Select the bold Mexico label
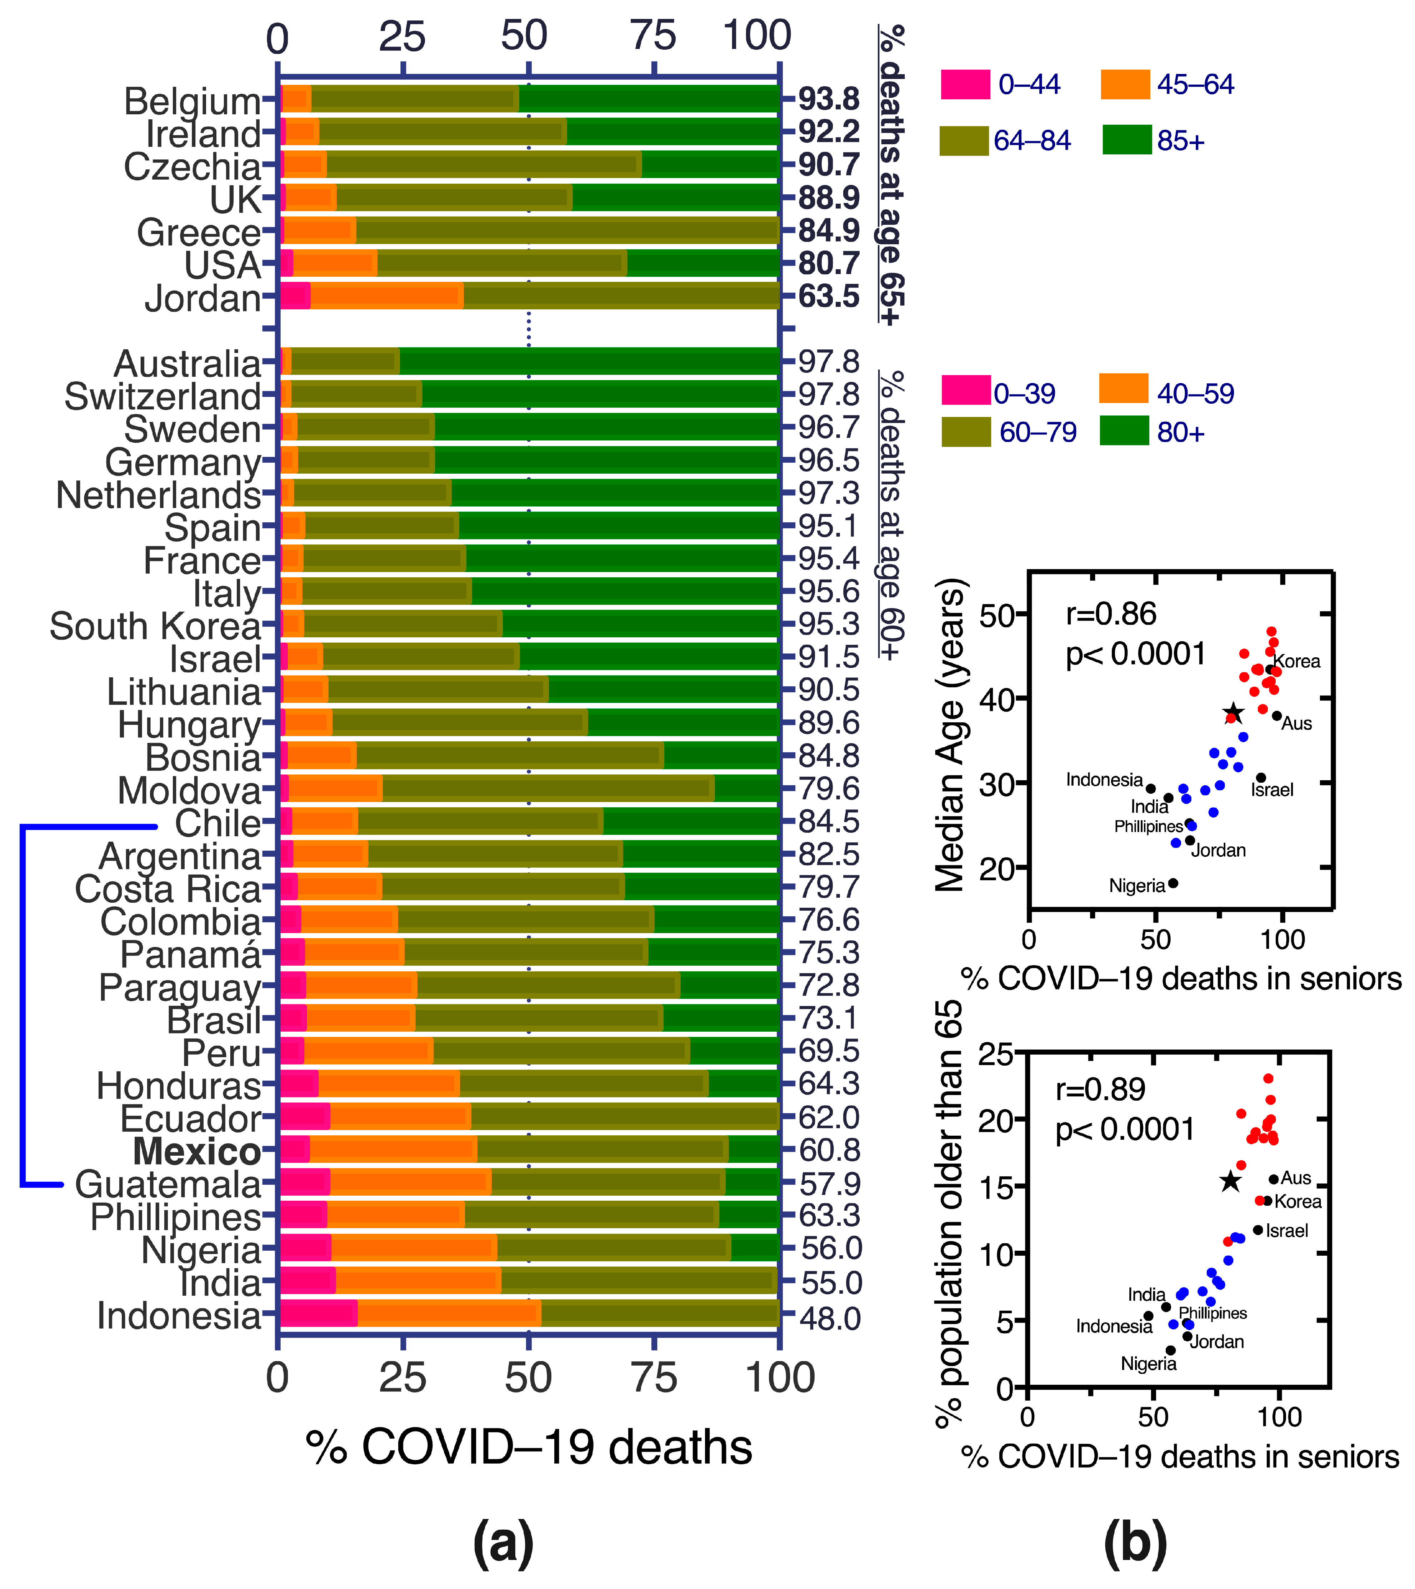[197, 1151]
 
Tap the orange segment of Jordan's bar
[386, 297]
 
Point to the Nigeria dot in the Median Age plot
[1173, 883]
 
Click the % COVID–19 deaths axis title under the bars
[529, 1447]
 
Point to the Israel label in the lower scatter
[1287, 1230]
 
